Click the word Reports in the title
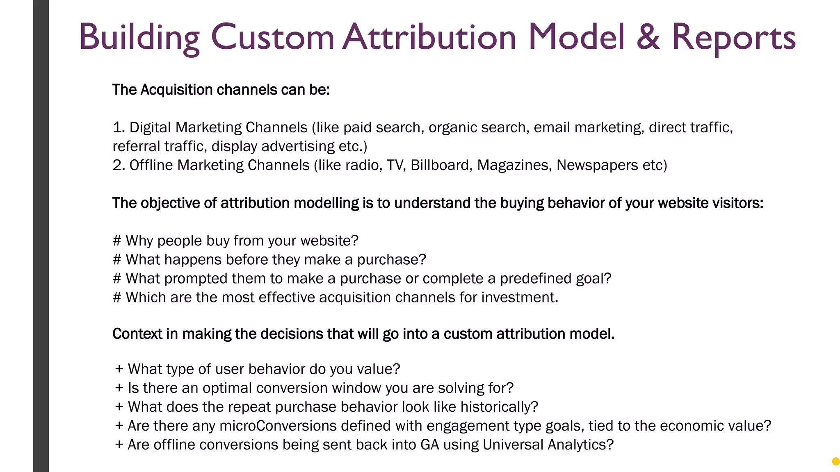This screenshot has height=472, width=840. coord(733,38)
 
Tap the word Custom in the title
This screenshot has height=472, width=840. coord(272,38)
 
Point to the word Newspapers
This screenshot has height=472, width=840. coord(597,165)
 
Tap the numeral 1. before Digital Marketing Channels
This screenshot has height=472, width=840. coord(119,127)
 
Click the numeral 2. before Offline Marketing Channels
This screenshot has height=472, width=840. coord(119,165)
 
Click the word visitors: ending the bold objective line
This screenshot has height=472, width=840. coord(737,203)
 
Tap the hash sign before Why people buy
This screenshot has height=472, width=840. coord(117,241)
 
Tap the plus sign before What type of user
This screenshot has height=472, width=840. coord(119,369)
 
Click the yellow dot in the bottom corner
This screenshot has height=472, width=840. coord(835,461)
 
